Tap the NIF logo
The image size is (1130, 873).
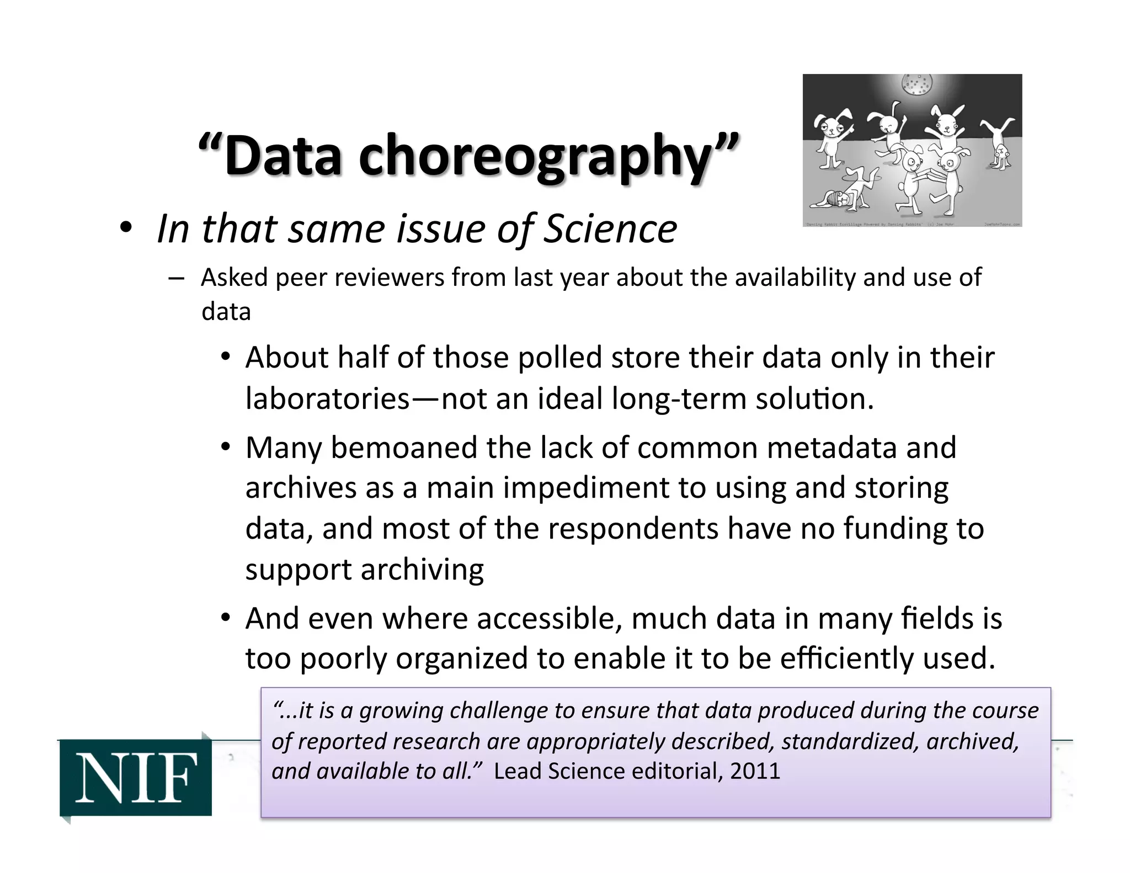click(x=136, y=778)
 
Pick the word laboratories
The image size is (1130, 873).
click(x=328, y=398)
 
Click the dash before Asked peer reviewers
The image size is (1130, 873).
click(x=177, y=278)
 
